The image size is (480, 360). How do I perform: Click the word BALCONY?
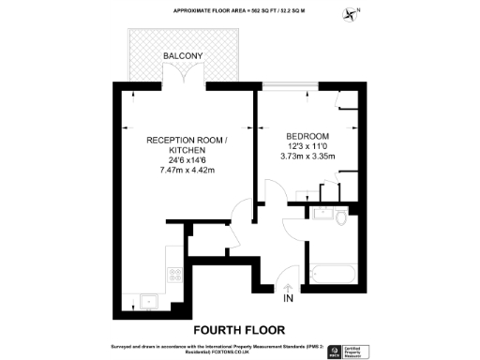point(184,56)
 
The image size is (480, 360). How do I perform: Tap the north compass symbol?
point(352,13)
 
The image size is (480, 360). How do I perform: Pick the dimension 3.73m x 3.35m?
point(307,157)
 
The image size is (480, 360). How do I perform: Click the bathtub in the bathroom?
point(333,275)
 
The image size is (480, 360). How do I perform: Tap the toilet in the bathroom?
point(338,217)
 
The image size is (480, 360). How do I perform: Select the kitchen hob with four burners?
point(174,275)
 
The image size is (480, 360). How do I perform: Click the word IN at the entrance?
point(288,300)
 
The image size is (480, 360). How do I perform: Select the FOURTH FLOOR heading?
point(240,330)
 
